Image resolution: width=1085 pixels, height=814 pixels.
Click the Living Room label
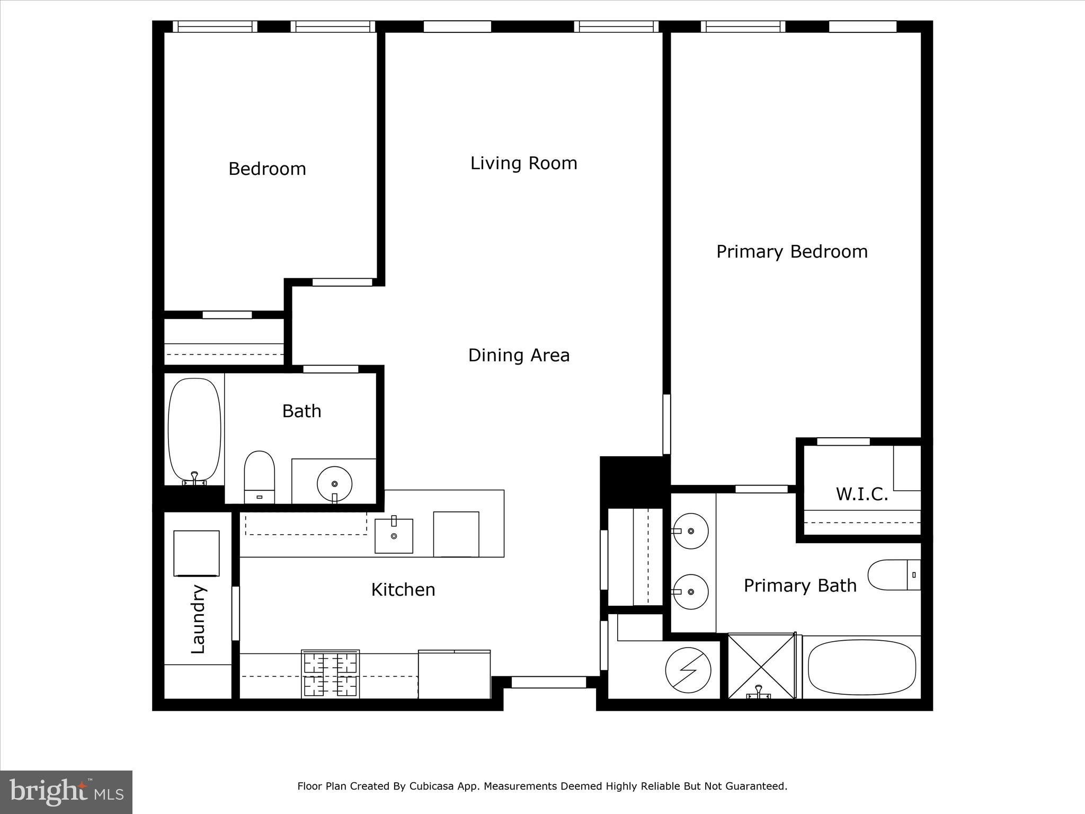(x=523, y=163)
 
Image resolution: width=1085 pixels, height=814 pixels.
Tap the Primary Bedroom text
(x=791, y=251)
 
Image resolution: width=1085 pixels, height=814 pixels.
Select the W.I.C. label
(x=861, y=494)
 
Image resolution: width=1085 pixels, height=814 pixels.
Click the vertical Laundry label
(x=198, y=619)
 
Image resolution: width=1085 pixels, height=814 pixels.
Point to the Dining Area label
(x=519, y=355)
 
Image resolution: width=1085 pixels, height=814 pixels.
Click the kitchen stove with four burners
(x=330, y=674)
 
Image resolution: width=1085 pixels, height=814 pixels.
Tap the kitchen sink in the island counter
(x=394, y=536)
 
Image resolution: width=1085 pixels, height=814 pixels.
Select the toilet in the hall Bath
(x=259, y=476)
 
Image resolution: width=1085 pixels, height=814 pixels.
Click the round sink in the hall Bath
(x=334, y=483)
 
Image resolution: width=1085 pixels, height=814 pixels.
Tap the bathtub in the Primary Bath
(x=861, y=667)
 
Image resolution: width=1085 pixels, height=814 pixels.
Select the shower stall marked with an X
(x=761, y=666)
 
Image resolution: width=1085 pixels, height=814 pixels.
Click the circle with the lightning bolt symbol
(x=688, y=670)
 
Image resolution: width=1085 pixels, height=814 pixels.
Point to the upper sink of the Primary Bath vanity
(x=690, y=530)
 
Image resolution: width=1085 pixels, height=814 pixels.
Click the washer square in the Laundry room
(x=196, y=553)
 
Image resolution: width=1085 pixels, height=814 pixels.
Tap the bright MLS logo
(x=66, y=792)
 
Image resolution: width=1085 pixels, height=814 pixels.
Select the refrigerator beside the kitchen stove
(x=454, y=674)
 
